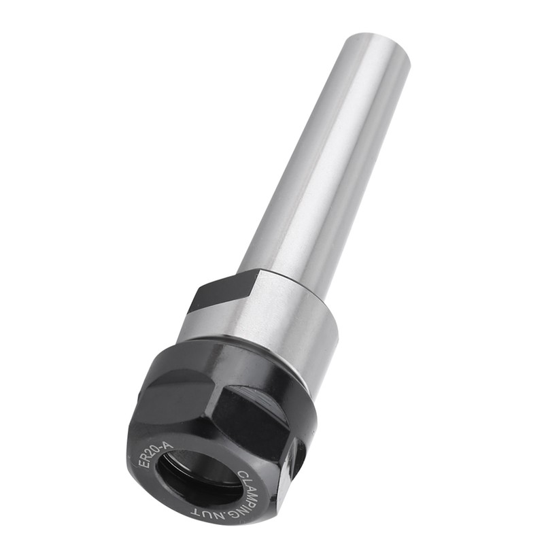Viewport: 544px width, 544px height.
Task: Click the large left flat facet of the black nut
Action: point(170,401)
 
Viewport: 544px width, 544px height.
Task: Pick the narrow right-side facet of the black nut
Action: point(294,469)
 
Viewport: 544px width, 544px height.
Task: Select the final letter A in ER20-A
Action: point(169,445)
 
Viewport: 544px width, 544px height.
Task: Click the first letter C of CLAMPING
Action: point(243,475)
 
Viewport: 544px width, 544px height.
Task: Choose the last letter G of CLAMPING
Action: point(237,513)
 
